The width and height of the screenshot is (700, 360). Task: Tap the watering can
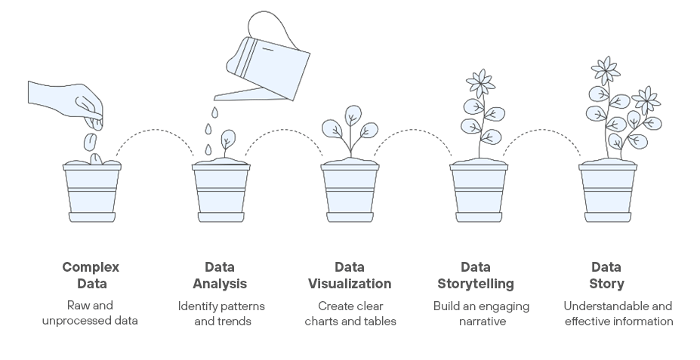tap(272, 64)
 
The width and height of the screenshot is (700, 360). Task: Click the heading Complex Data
tap(91, 275)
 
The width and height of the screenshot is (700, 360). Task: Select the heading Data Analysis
tap(220, 275)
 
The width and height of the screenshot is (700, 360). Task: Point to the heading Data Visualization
tap(350, 275)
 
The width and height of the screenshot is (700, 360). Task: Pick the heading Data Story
tap(606, 275)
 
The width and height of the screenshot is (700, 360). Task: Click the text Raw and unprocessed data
tap(91, 313)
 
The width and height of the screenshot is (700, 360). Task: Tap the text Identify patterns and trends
tap(221, 313)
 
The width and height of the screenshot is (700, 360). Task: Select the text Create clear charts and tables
tap(350, 313)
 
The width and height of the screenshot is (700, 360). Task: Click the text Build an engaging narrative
tap(481, 313)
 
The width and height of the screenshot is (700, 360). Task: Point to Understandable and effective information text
tap(618, 313)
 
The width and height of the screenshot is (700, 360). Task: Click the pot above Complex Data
tap(91, 192)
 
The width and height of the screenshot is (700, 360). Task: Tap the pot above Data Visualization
tap(350, 192)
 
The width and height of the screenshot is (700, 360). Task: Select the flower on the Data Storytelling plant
tap(479, 81)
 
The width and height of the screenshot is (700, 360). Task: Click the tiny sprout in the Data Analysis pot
tap(227, 140)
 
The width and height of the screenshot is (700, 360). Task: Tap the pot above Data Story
tap(608, 192)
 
